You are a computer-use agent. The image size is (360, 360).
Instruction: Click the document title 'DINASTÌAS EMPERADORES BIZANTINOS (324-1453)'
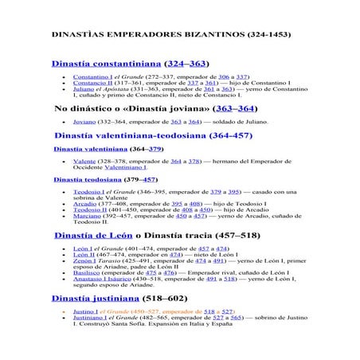point(171,36)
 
